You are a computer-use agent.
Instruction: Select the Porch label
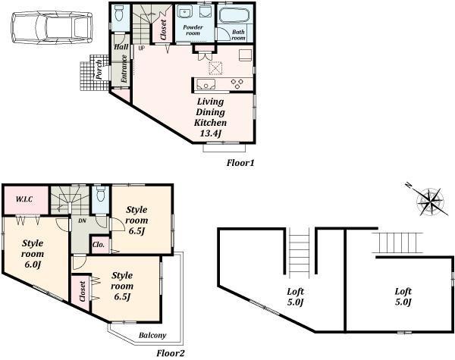coord(99,69)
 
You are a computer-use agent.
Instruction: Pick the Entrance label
coord(121,70)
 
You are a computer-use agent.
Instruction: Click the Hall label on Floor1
coord(121,46)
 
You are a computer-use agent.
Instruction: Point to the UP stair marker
coord(141,49)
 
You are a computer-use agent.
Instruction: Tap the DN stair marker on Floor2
coord(81,221)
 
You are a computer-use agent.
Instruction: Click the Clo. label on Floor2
coord(99,245)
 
